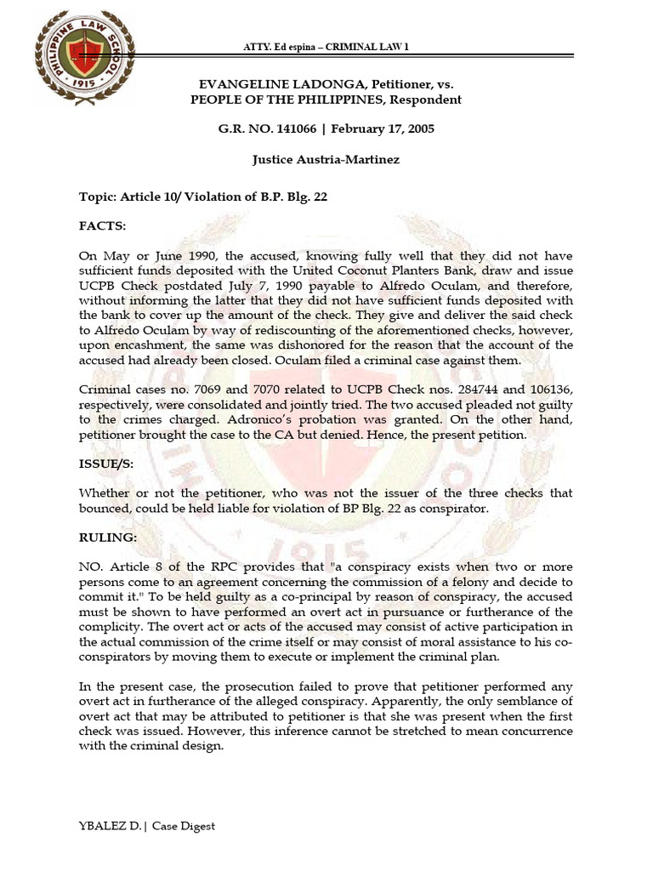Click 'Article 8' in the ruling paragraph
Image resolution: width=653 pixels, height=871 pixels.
132,566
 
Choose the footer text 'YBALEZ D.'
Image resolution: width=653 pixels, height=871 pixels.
108,825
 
